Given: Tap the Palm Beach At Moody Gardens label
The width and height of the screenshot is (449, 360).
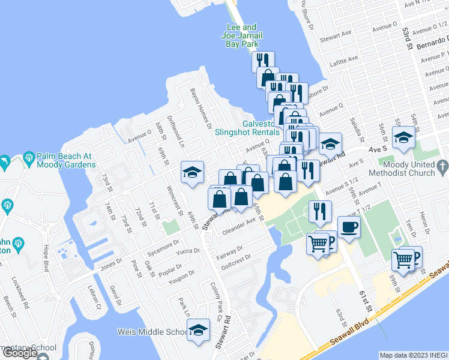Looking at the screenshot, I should click(x=64, y=160).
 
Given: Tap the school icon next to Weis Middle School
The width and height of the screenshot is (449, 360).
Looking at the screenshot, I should click(x=198, y=331).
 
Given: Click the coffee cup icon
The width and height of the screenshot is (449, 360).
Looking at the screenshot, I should click(x=349, y=227).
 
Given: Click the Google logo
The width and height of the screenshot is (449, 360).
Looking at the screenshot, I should click(x=20, y=353).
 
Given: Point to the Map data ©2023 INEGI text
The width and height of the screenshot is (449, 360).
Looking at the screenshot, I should click(x=413, y=355).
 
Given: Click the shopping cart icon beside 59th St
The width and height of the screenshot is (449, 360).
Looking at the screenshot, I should click(x=403, y=260).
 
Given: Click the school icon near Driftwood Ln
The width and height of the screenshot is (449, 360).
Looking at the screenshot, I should click(x=193, y=173).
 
